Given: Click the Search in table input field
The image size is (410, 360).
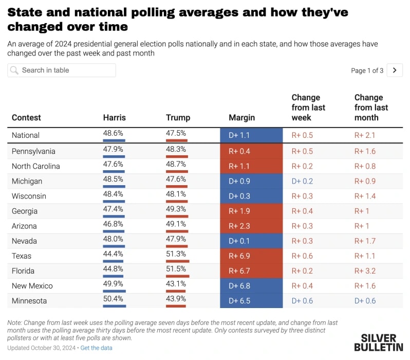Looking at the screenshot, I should [62, 70].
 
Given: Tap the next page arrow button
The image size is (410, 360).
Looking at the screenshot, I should [394, 70].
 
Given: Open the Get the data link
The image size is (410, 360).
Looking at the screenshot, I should [97, 348].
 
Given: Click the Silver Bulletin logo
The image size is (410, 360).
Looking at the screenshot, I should [378, 343].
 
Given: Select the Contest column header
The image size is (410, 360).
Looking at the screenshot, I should [26, 118].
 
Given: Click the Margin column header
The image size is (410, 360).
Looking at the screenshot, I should [241, 118].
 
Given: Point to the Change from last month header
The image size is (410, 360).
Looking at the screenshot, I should [371, 107].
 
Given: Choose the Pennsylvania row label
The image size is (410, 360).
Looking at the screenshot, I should [33, 151].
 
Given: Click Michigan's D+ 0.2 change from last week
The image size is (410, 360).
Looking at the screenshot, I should [302, 181].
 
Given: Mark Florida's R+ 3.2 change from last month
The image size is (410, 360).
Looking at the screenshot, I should [365, 271].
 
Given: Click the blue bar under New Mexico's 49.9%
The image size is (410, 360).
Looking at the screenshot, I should [114, 291].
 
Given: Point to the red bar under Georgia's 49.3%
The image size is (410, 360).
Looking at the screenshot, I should [177, 217].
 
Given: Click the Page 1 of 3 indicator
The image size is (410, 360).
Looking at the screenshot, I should [367, 70].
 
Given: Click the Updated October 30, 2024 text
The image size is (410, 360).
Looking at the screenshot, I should [41, 348].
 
